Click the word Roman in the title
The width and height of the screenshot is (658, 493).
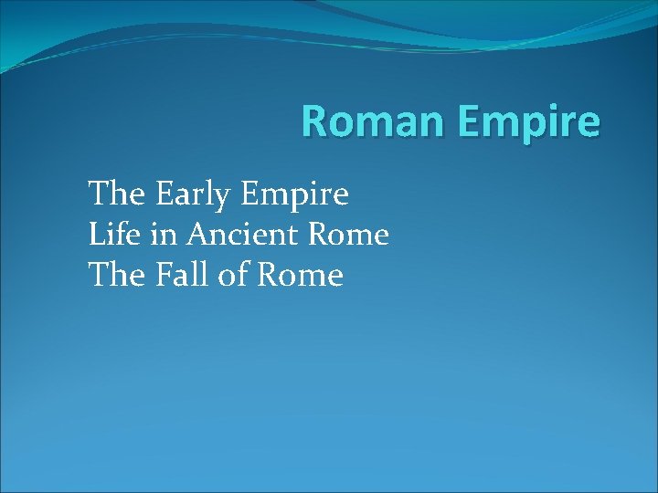tap(369, 121)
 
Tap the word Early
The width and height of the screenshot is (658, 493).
tap(196, 195)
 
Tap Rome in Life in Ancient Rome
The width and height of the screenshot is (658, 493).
tap(349, 236)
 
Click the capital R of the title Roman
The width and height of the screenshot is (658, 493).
tap(313, 121)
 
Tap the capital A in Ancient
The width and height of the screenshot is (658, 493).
tap(198, 235)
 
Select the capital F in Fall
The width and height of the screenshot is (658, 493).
tap(164, 275)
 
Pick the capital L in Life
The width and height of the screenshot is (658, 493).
tap(96, 235)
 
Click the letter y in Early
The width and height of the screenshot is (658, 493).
tap(229, 199)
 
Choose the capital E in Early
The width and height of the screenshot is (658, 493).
tap(164, 194)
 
